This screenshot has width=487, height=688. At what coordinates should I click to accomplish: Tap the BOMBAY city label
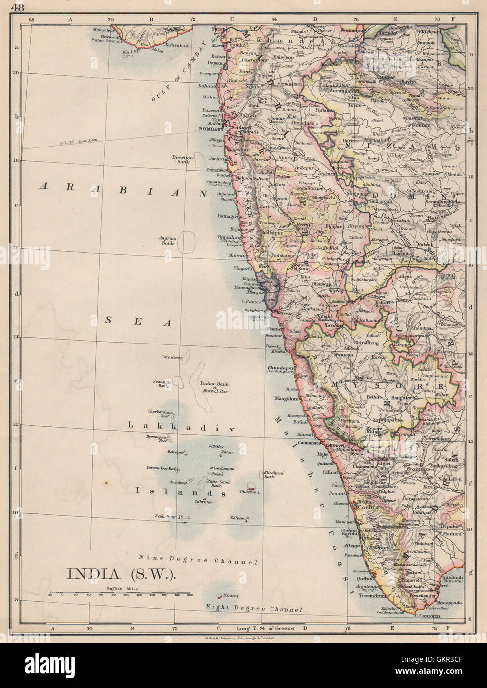pyautogui.click(x=208, y=128)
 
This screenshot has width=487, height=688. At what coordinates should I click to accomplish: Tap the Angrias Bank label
pyautogui.click(x=167, y=241)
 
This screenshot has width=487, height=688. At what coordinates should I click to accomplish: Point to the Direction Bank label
pyautogui.click(x=182, y=159)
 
